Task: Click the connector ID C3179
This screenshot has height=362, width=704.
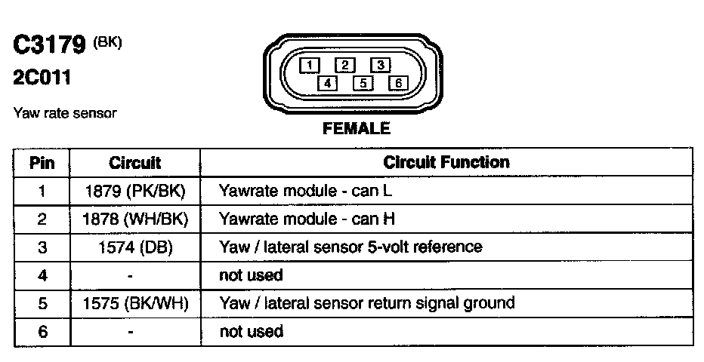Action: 49,45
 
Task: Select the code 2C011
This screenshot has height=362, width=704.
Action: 42,78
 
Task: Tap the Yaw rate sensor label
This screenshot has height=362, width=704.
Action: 65,113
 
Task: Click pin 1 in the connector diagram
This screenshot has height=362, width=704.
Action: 310,65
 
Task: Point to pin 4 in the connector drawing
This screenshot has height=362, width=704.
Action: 327,83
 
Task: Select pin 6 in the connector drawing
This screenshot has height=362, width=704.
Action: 397,83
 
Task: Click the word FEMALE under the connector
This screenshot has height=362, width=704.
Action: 357,129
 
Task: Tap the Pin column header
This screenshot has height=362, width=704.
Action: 42,163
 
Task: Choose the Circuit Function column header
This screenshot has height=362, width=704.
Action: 446,162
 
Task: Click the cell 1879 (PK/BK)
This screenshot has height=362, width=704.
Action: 135,191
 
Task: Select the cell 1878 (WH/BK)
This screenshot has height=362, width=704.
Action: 135,219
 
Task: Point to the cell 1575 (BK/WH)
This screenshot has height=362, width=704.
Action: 135,304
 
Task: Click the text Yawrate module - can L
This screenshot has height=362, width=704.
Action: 305,191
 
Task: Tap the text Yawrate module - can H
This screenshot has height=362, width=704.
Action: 307,219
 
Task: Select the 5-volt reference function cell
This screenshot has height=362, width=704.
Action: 350,247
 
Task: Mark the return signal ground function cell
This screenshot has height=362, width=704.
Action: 366,303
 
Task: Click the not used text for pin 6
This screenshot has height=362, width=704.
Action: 251,332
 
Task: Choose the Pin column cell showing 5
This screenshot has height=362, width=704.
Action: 42,304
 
